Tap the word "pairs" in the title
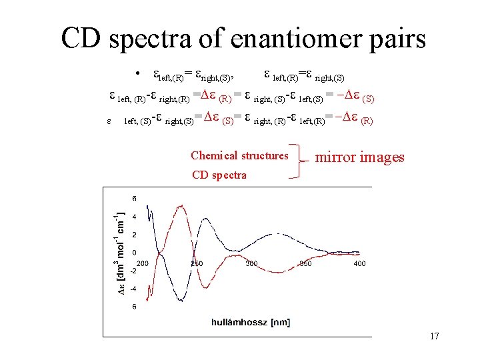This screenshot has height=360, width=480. [394, 39]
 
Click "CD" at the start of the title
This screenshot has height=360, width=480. [81, 39]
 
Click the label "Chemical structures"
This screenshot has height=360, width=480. [239, 156]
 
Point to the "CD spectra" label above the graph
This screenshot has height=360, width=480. [219, 175]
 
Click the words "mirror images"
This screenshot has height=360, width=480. [359, 157]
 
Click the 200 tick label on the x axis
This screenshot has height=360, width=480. [142, 264]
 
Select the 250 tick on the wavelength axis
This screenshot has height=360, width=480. [197, 264]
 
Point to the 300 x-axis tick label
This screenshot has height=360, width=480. [251, 264]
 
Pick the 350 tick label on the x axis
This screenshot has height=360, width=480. [306, 264]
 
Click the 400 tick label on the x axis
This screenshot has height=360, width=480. [360, 264]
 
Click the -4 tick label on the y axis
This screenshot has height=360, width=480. [133, 289]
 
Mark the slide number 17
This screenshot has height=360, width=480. [434, 336]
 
